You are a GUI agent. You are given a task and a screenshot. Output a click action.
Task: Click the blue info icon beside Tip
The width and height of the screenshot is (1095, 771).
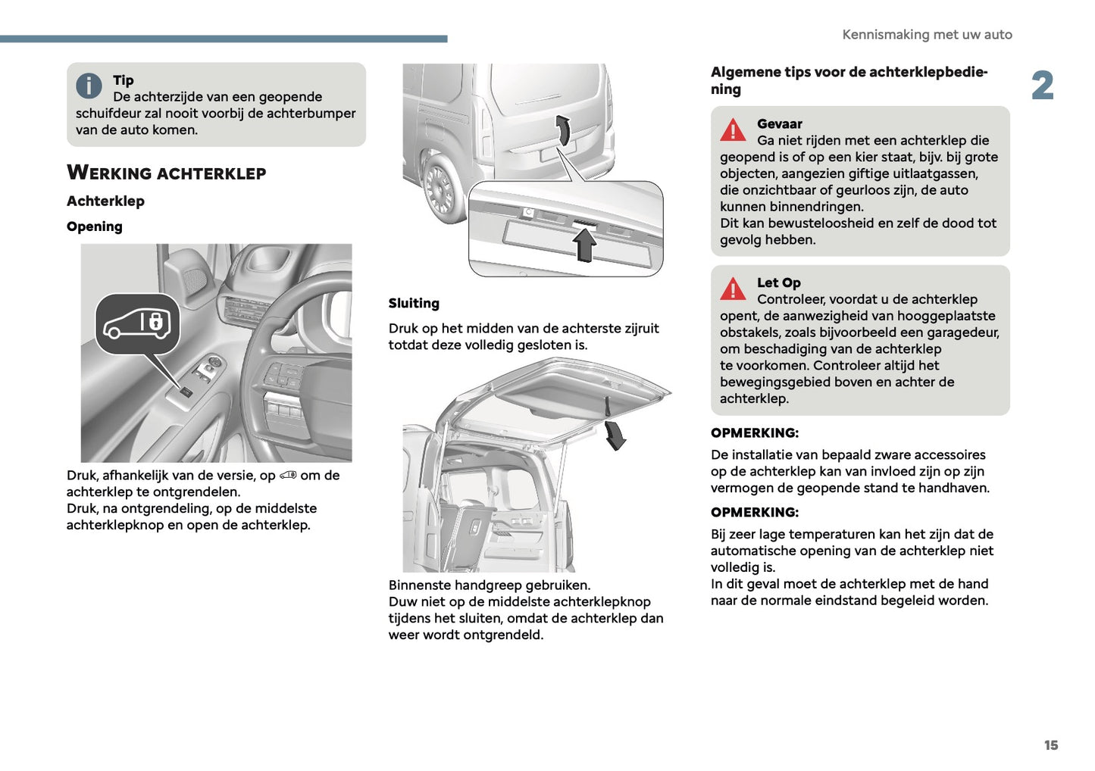click(x=89, y=86)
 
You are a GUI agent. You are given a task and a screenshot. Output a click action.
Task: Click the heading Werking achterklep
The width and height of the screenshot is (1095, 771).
click(x=166, y=173)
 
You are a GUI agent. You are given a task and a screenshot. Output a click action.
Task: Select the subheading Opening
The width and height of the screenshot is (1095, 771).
click(x=95, y=226)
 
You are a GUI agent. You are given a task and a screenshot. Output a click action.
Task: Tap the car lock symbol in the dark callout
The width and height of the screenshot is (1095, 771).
click(x=138, y=323)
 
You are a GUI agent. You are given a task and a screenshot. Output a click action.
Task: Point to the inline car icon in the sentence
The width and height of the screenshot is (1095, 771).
click(x=288, y=476)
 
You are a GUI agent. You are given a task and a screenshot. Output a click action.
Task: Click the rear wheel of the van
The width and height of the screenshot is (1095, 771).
click(x=440, y=186)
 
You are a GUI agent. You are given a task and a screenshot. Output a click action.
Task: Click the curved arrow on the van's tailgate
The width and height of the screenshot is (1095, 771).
click(x=563, y=130)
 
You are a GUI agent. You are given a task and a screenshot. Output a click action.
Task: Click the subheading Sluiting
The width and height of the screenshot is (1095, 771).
click(x=414, y=303)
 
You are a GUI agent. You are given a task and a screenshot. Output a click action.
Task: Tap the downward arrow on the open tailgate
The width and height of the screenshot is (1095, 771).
click(x=616, y=435)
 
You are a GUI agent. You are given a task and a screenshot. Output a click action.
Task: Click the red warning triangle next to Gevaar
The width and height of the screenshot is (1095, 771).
click(x=733, y=130)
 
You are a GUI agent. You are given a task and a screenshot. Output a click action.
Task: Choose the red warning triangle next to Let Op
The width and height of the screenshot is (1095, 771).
click(x=733, y=289)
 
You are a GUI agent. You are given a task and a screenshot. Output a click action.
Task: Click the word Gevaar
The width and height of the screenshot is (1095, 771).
click(x=779, y=124)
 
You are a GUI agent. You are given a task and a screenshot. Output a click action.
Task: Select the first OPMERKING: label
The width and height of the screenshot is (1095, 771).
click(x=755, y=433)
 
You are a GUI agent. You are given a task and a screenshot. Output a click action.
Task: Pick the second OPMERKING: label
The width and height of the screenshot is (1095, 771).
click(x=755, y=513)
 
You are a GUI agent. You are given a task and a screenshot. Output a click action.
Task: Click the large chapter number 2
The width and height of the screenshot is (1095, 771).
click(x=1043, y=86)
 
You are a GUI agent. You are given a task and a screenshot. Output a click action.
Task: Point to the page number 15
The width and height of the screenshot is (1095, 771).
click(x=1050, y=745)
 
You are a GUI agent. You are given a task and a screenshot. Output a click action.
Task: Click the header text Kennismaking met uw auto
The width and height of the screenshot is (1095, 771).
click(x=927, y=35)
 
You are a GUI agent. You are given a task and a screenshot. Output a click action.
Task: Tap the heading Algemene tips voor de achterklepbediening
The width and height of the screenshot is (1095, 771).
click(x=849, y=80)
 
